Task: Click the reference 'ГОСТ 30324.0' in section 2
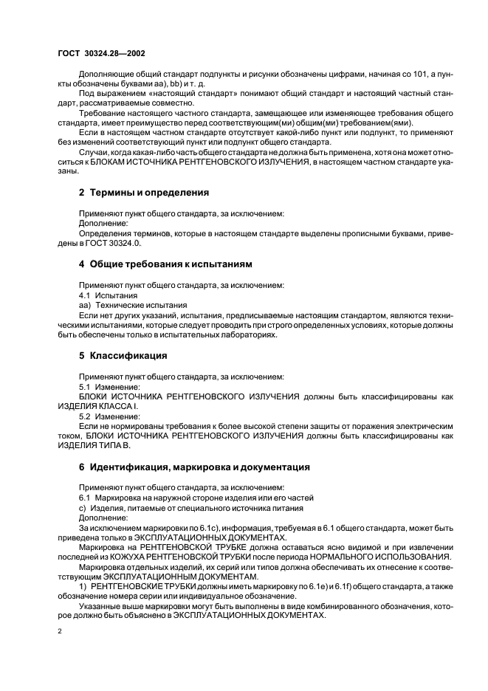pos(113,243)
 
